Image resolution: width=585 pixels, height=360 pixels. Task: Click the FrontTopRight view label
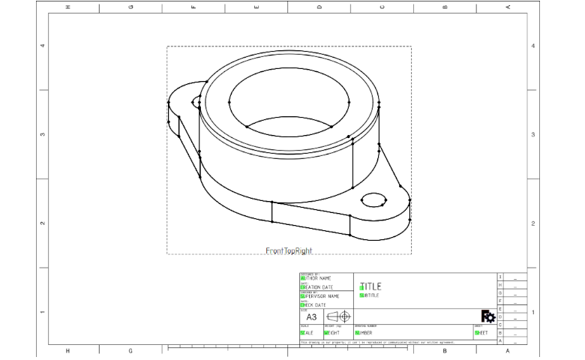click(289, 250)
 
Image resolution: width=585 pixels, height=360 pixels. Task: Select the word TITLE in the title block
click(370, 286)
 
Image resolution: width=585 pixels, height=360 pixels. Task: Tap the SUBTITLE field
click(370, 295)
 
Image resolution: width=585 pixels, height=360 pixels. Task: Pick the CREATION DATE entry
click(317, 287)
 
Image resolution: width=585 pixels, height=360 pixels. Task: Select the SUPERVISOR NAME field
click(320, 296)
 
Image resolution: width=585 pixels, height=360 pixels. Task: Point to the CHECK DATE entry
click(313, 305)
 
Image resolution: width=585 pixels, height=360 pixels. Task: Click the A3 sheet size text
click(312, 317)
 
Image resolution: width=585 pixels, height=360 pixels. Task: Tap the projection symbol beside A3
click(338, 316)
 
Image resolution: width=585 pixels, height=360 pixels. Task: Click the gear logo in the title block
click(487, 316)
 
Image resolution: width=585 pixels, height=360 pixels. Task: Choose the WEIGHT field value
click(333, 332)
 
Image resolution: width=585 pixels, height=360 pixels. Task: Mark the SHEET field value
click(481, 332)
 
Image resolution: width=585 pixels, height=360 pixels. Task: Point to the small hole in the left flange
click(196, 101)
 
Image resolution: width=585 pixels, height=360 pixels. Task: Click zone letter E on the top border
click(256, 7)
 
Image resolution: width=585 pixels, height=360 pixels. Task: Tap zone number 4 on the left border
click(41, 46)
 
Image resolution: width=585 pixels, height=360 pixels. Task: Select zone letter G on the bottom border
click(130, 350)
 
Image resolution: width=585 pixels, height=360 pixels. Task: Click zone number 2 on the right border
click(532, 223)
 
